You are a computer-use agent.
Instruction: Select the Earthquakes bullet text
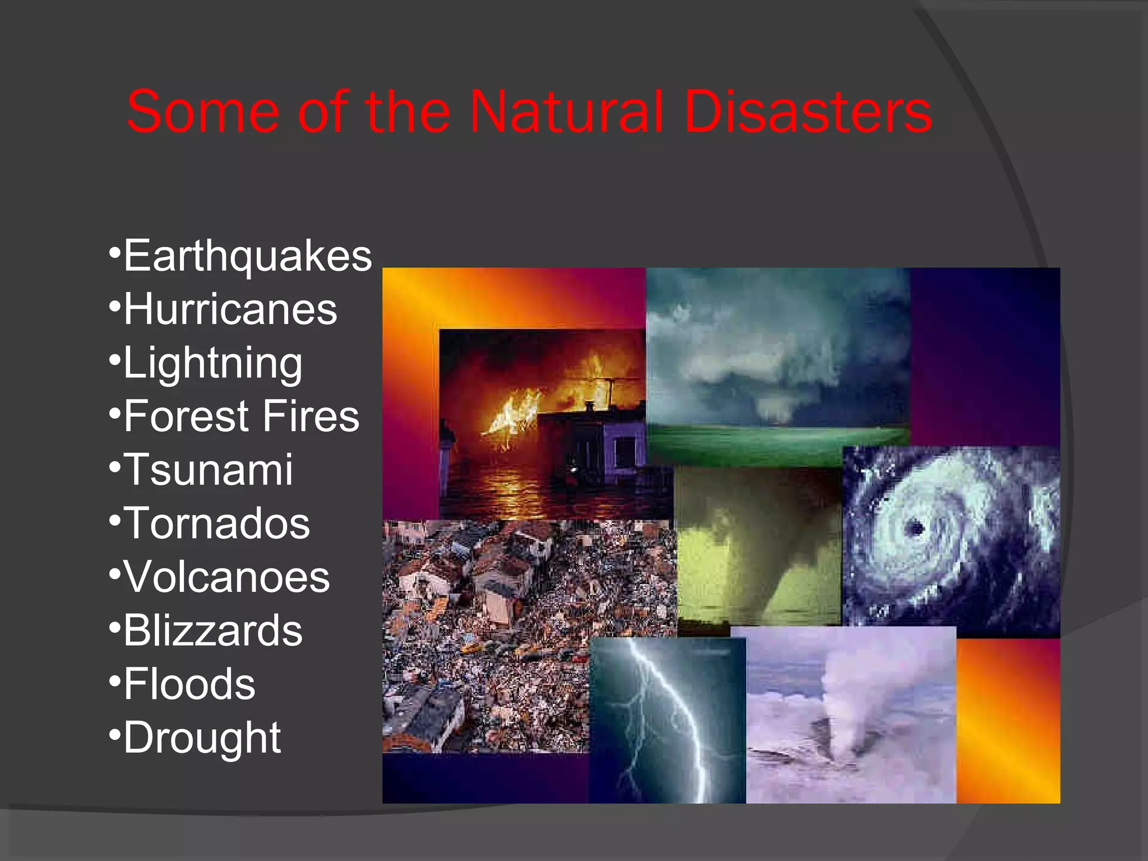(x=247, y=256)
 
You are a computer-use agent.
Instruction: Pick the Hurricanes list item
(x=230, y=309)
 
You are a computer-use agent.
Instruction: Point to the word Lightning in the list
(x=212, y=363)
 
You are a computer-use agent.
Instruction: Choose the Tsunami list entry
(x=208, y=470)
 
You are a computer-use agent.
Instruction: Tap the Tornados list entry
(x=216, y=523)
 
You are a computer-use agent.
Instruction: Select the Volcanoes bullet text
(x=226, y=577)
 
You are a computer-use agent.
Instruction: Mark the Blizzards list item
(x=212, y=630)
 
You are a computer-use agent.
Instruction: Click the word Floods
(x=189, y=684)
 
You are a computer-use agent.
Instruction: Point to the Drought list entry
(x=202, y=738)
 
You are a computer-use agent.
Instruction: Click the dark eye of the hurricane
(x=914, y=528)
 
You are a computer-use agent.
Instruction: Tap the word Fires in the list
(x=311, y=416)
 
